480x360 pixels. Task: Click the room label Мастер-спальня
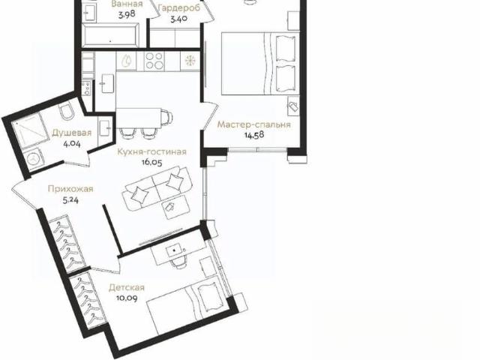tap(253, 125)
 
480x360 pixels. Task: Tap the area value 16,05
tap(151, 162)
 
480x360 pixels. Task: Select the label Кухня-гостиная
tap(151, 151)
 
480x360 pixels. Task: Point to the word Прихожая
tap(70, 189)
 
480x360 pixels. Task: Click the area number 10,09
tap(127, 298)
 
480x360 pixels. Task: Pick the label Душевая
tap(72, 133)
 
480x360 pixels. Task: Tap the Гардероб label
tap(179, 8)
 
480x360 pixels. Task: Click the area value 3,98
tap(127, 14)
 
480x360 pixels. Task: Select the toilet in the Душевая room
tap(67, 112)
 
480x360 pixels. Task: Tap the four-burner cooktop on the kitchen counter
tap(154, 61)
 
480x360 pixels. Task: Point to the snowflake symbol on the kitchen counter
tap(190, 61)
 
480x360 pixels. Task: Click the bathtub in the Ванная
tap(111, 35)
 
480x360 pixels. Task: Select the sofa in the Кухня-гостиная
tap(157, 189)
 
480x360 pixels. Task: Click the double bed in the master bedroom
tap(260, 63)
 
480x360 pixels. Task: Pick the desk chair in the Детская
tap(178, 261)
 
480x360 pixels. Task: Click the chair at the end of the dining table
tap(166, 118)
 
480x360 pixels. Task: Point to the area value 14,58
tap(254, 135)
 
